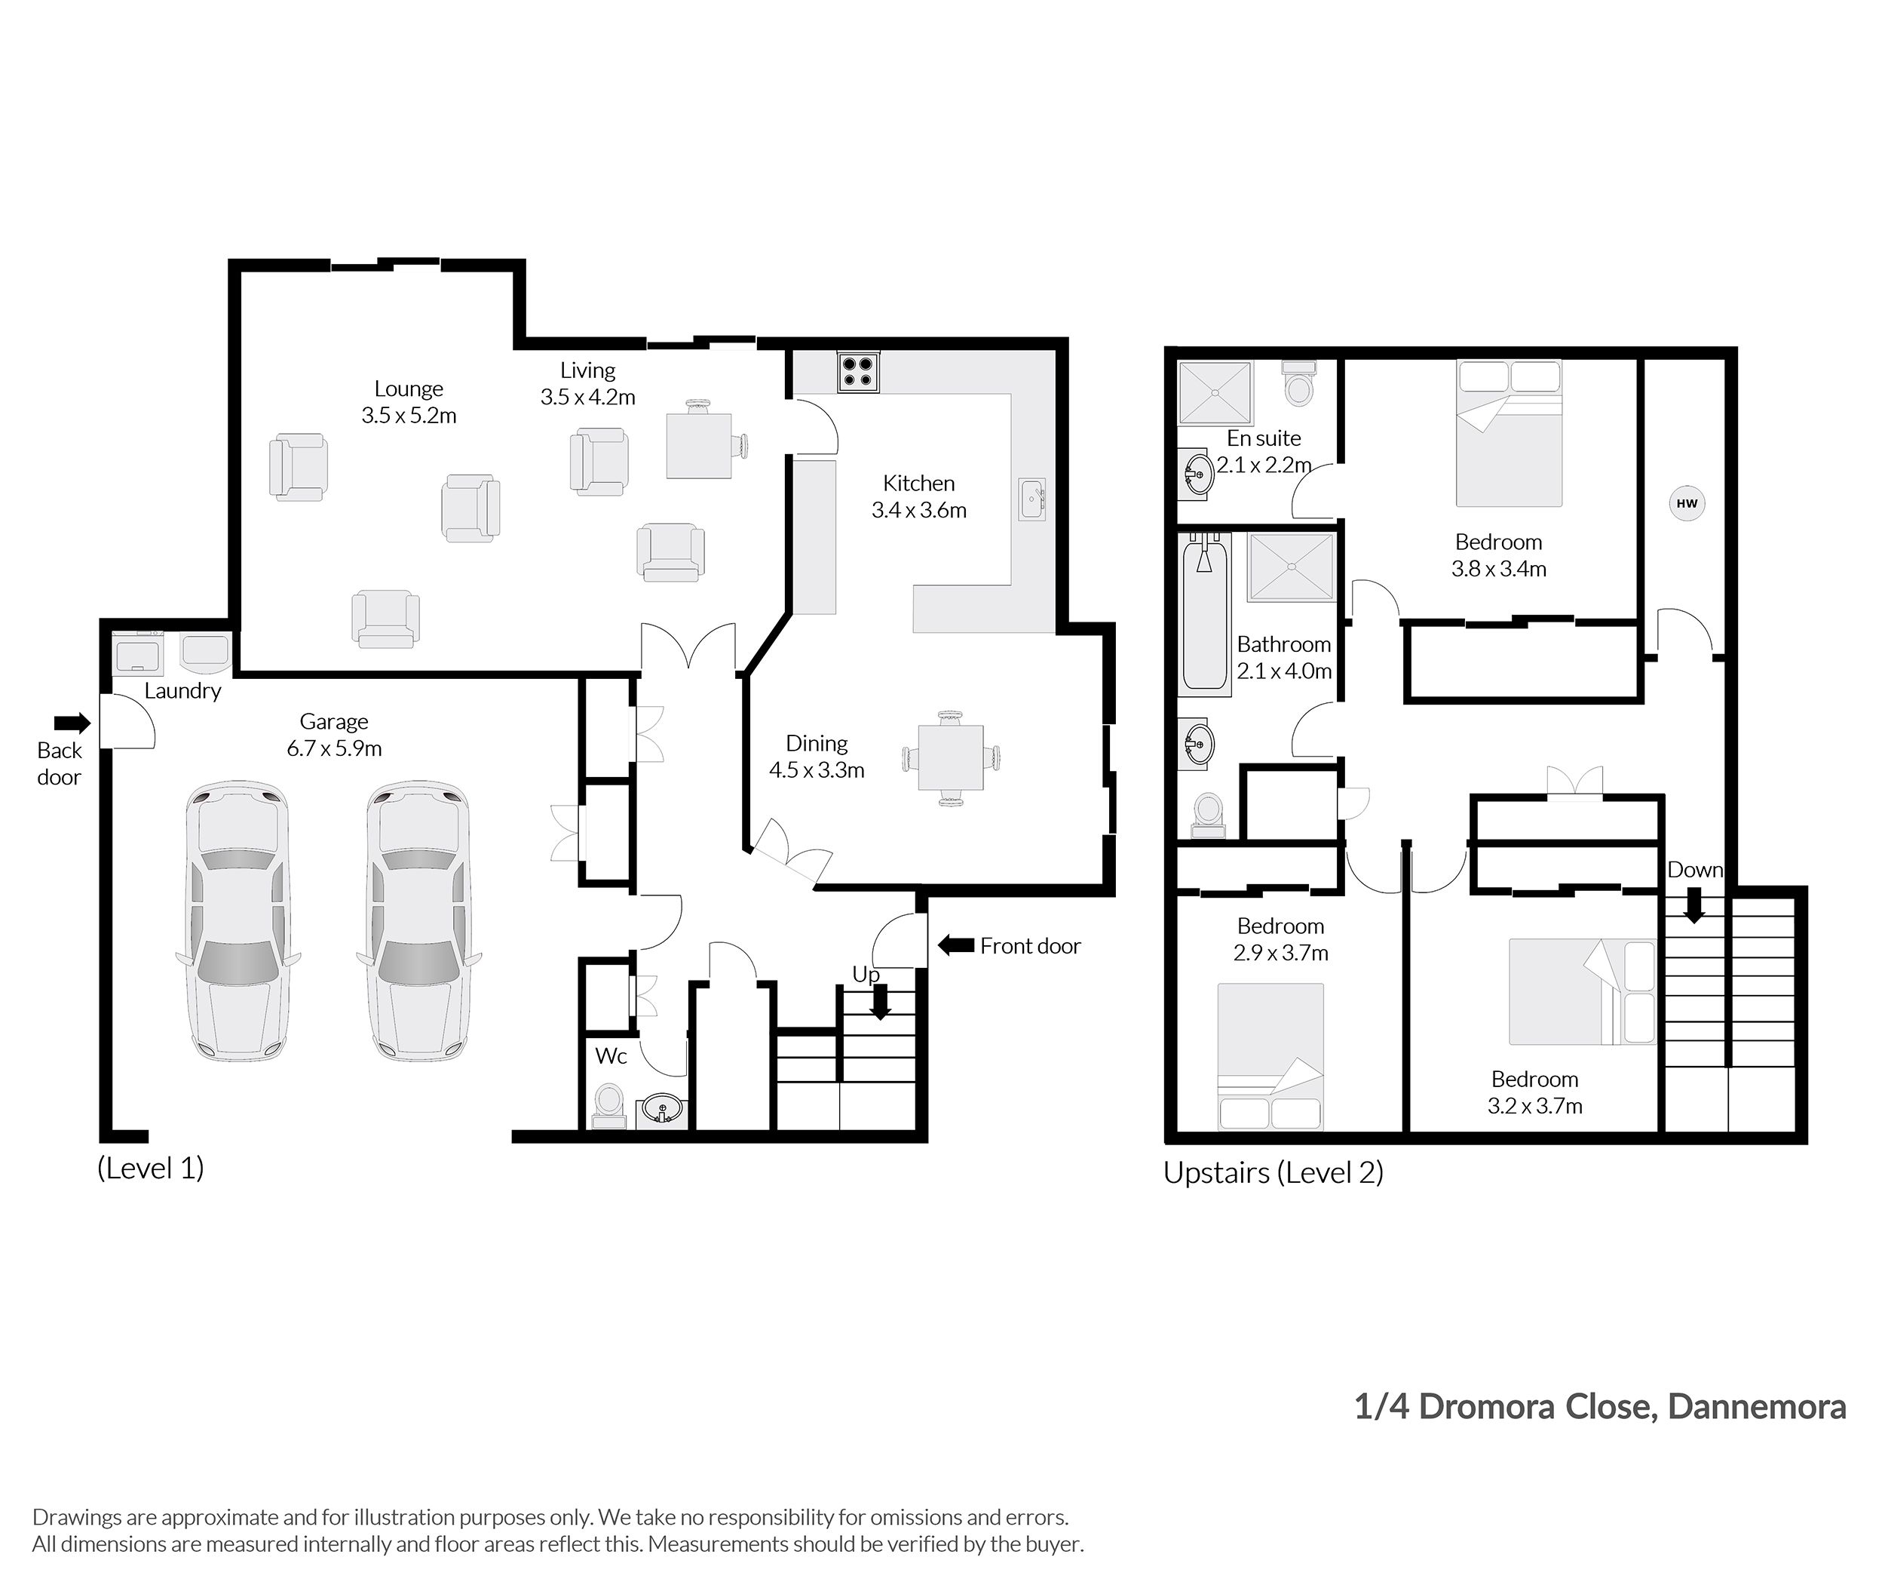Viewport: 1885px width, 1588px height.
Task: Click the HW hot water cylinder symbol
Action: pyautogui.click(x=1686, y=503)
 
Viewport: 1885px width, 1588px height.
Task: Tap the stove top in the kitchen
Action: pyautogui.click(x=857, y=373)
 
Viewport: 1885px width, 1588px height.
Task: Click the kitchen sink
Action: pyautogui.click(x=1031, y=499)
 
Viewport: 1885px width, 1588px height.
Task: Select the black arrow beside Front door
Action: pyautogui.click(x=955, y=945)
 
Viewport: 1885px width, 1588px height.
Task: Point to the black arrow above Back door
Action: pyautogui.click(x=72, y=722)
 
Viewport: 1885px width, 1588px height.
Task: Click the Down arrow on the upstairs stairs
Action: pyautogui.click(x=1693, y=905)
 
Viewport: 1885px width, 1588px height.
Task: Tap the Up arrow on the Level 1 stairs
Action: pyautogui.click(x=879, y=1002)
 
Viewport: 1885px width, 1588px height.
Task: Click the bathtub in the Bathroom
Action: pyautogui.click(x=1204, y=615)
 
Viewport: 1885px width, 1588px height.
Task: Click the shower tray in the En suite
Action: pyautogui.click(x=1215, y=392)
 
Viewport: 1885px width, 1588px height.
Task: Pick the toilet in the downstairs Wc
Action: pyautogui.click(x=608, y=1105)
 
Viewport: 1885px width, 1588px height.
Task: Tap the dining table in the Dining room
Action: pyautogui.click(x=950, y=757)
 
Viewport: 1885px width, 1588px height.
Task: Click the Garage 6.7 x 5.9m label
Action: pyautogui.click(x=334, y=735)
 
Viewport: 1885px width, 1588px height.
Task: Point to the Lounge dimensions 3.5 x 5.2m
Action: pyautogui.click(x=409, y=415)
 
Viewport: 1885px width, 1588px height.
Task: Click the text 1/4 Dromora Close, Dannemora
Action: pyautogui.click(x=1600, y=1406)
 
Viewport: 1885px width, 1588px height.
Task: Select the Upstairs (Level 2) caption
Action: pyautogui.click(x=1272, y=1172)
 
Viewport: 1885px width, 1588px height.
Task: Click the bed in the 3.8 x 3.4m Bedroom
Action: pyautogui.click(x=1509, y=434)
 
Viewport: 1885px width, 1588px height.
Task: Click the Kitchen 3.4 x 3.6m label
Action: pyautogui.click(x=918, y=496)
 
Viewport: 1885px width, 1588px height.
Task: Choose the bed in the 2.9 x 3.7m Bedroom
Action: pyautogui.click(x=1270, y=1056)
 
